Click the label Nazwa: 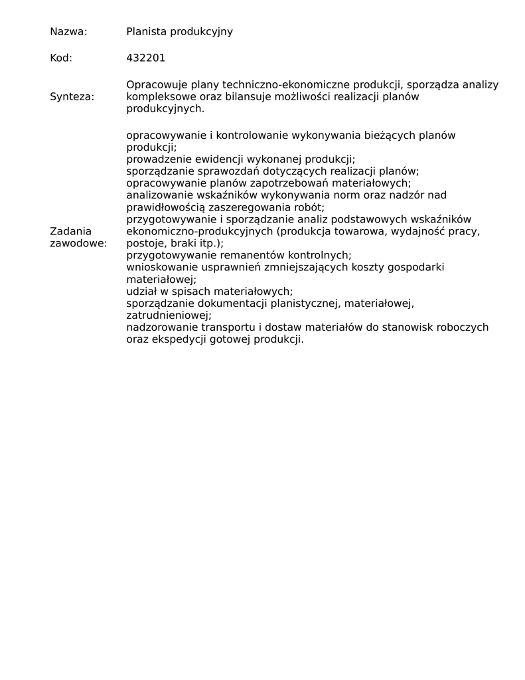click(68, 31)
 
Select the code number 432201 click(145, 58)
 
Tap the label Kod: click(61, 58)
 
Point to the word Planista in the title click(147, 31)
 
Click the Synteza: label click(72, 96)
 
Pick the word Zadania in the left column click(70, 231)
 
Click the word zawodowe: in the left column click(78, 243)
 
